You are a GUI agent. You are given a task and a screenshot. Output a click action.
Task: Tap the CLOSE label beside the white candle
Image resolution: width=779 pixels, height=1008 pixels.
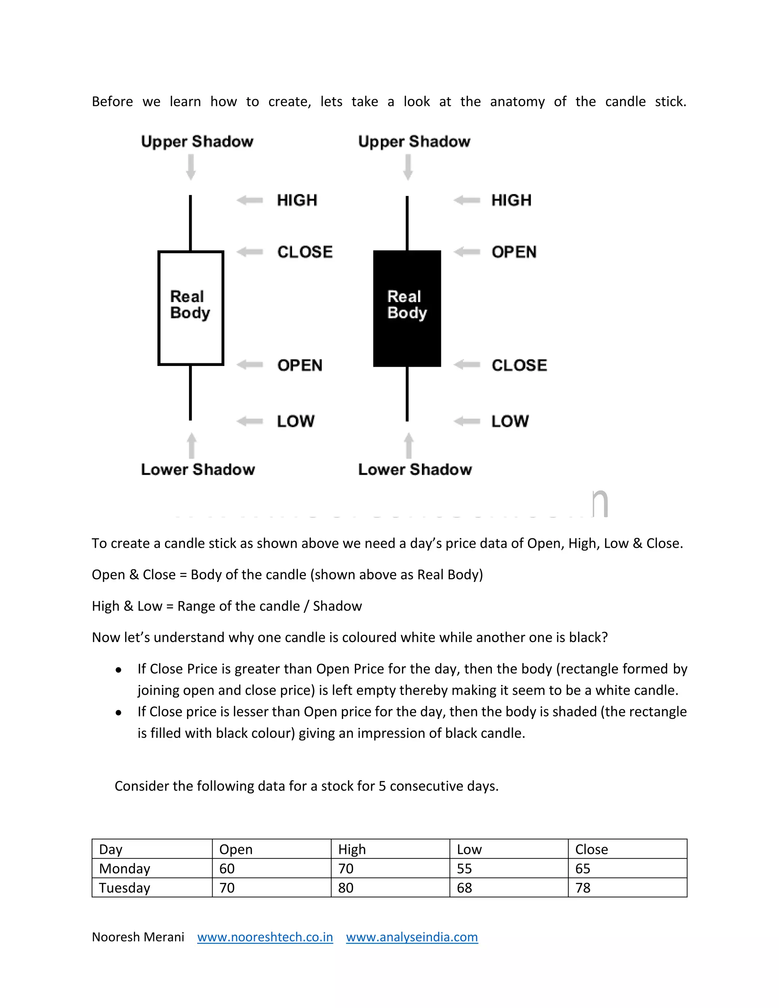coord(305,252)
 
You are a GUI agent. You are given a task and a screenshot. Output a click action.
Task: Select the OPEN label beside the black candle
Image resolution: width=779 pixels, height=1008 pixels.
coord(514,252)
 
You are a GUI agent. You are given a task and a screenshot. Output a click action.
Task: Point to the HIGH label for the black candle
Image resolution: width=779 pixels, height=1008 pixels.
coord(511,200)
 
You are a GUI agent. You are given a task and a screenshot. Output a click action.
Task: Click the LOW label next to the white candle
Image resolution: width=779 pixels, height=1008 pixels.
coord(295,421)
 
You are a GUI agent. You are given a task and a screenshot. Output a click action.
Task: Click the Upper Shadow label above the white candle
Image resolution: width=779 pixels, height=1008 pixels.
coord(197,141)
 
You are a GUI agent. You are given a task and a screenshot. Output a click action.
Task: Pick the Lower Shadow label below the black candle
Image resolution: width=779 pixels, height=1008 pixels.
coord(415,469)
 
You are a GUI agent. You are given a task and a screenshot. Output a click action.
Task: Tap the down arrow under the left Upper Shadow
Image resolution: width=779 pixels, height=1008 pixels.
coord(191,167)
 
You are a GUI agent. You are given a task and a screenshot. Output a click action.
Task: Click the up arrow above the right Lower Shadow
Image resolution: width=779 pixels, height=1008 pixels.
coord(409,445)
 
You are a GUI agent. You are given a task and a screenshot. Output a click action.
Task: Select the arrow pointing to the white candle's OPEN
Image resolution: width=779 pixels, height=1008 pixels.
coord(250,365)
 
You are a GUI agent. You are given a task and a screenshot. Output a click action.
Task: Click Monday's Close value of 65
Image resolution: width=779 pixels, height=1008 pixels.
coord(583,869)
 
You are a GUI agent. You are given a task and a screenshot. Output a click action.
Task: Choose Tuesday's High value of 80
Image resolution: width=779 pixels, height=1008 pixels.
coord(346,888)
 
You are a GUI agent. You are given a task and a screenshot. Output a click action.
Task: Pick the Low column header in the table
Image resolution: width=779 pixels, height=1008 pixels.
coord(469,849)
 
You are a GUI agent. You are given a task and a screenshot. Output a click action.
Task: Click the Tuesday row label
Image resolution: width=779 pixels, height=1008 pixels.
coord(125,888)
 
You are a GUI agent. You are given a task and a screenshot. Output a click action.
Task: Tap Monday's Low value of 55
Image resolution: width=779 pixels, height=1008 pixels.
coord(464,869)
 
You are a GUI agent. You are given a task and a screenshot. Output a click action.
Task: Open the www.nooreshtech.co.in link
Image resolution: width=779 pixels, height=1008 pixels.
coord(265,937)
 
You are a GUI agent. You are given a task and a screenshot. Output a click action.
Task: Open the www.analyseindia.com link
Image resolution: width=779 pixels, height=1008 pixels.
coord(412,937)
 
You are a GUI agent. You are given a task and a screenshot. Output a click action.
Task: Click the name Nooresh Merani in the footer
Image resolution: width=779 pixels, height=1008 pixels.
coord(138,937)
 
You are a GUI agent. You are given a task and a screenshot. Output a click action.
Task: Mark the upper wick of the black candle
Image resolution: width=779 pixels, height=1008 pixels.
coord(407,223)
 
